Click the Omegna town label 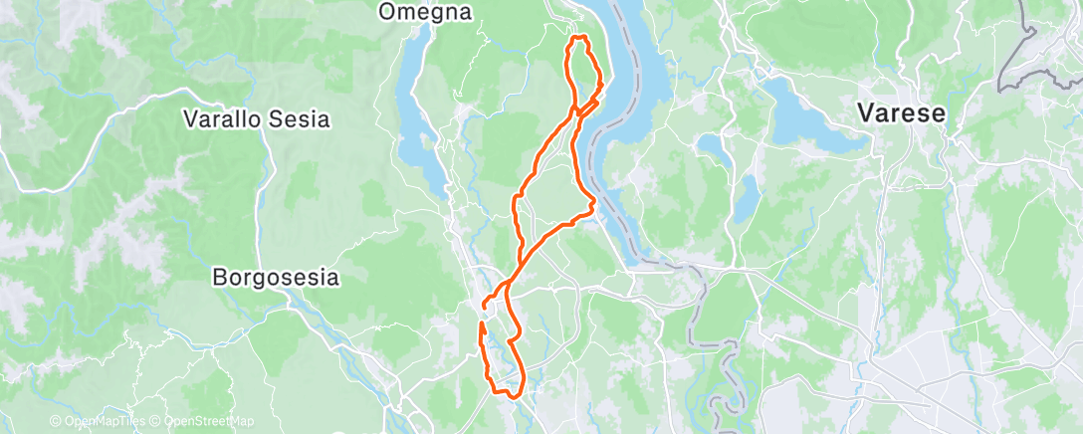pos(425,12)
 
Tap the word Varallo pos(221,119)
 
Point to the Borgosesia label pos(276,278)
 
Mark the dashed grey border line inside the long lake pos(597,149)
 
